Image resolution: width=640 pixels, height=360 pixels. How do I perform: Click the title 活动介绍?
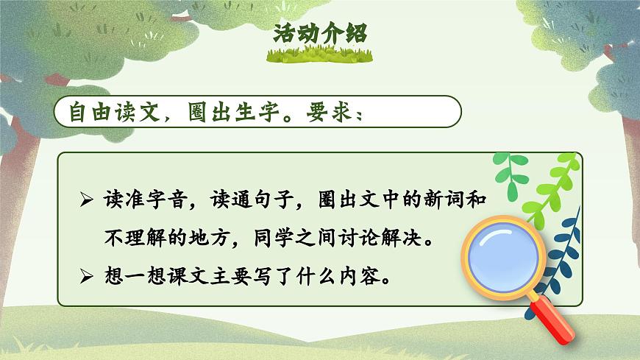click(x=319, y=34)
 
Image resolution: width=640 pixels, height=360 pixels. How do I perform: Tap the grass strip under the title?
click(x=319, y=54)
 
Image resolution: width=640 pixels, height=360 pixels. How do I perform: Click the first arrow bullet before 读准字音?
click(x=88, y=201)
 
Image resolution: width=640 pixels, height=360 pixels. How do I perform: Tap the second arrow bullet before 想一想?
click(x=88, y=278)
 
